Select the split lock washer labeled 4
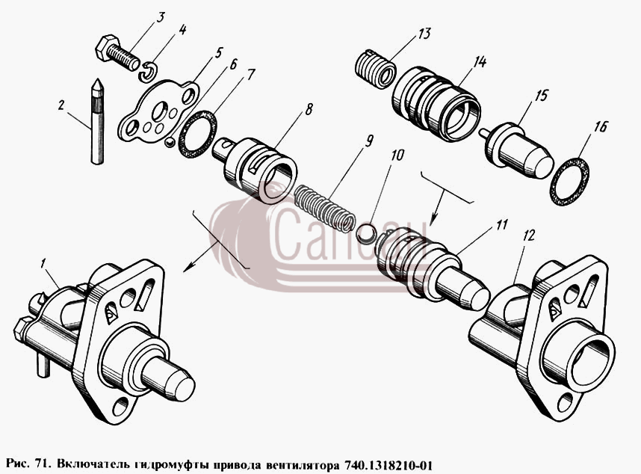click(x=148, y=71)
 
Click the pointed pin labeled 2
click(x=97, y=121)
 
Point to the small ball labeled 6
click(x=169, y=142)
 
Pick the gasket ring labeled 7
click(x=197, y=134)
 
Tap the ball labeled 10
click(x=365, y=233)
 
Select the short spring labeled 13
click(x=374, y=69)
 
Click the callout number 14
click(x=480, y=62)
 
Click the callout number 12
click(x=530, y=236)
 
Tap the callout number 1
click(x=43, y=263)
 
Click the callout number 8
click(x=309, y=109)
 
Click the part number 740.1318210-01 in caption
click(x=388, y=466)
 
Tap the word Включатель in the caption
click(x=95, y=466)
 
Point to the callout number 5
click(x=219, y=53)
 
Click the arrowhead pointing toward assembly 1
click(x=188, y=267)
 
